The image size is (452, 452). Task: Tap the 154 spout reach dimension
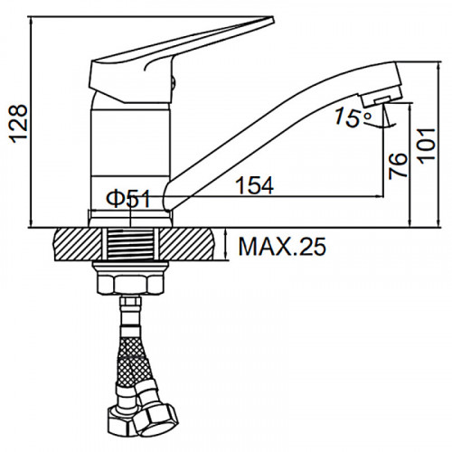(255, 185)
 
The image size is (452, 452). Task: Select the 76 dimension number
(398, 166)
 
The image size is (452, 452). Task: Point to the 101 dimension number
(427, 146)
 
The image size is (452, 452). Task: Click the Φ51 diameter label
(128, 199)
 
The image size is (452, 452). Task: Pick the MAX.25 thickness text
(282, 246)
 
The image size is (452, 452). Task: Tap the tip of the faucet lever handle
(273, 19)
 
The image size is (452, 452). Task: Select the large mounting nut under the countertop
(131, 283)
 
